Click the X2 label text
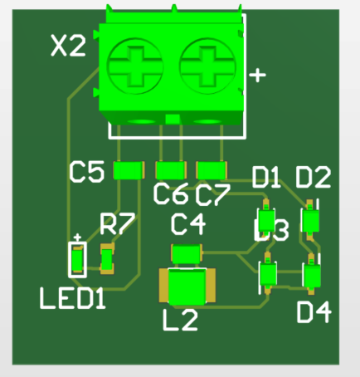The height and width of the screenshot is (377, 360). (x=68, y=47)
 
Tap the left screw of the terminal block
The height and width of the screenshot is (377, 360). (x=135, y=67)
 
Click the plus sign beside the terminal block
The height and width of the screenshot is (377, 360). (x=258, y=76)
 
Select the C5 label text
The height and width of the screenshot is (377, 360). (x=86, y=173)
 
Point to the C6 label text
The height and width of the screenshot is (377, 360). (x=171, y=194)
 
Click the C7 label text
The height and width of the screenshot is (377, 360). (x=212, y=194)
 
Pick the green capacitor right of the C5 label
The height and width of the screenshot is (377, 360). (x=128, y=170)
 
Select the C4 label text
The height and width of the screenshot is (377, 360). (x=187, y=224)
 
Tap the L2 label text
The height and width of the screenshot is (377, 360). (x=180, y=320)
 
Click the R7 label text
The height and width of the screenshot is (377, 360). (x=117, y=223)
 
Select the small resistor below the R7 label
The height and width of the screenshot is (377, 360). (x=106, y=259)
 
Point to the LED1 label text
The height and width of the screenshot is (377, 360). (x=73, y=297)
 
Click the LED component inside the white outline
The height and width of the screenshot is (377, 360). (x=77, y=262)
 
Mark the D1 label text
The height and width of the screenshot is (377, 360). (x=267, y=177)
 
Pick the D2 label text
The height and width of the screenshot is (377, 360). (x=314, y=177)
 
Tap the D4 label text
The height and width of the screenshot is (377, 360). (x=314, y=312)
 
